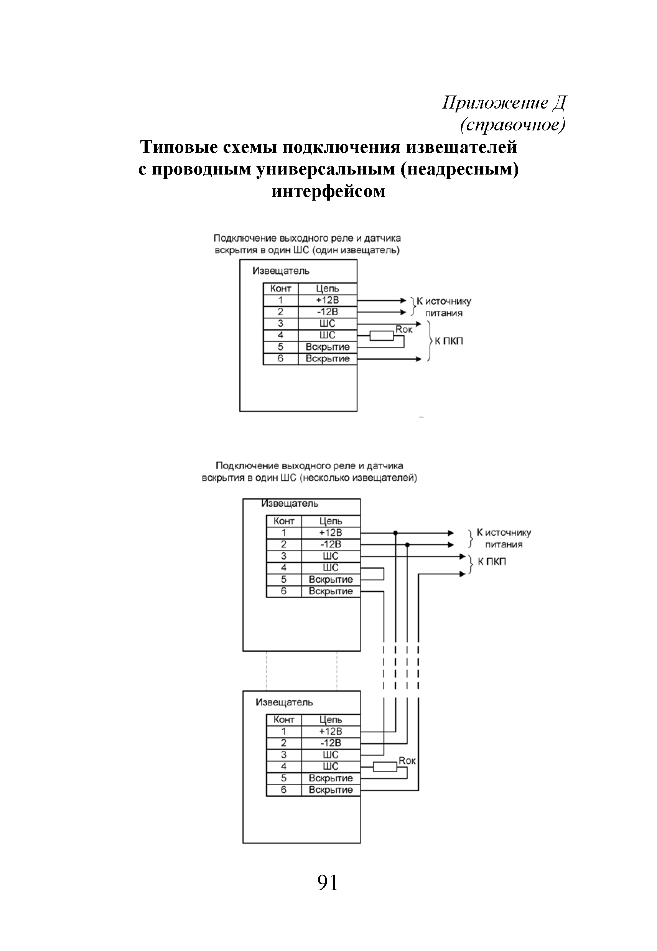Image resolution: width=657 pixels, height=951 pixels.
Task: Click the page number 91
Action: coord(328,883)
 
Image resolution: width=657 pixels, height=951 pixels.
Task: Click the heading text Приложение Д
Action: coord(504,102)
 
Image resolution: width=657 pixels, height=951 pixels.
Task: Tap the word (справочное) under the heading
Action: coord(512,124)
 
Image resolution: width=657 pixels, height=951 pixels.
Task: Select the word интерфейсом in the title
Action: coord(328,191)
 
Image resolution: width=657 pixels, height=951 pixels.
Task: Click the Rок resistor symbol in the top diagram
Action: coord(382,336)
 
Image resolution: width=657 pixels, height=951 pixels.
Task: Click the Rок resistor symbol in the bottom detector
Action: coord(385,767)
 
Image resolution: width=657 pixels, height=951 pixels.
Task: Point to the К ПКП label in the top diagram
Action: coord(449,341)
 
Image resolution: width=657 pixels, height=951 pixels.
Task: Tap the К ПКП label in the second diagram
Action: coord(492,562)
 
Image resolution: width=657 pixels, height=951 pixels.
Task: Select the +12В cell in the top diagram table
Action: coord(327,300)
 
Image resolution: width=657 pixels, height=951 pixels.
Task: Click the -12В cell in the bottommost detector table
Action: coord(331,743)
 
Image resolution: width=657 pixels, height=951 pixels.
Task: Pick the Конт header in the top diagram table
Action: coord(280,288)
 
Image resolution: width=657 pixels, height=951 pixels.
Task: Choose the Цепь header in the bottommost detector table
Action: coord(331,720)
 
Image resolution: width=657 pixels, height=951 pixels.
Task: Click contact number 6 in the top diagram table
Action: coord(280,359)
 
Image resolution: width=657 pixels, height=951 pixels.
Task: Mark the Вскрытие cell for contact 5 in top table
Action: coord(327,347)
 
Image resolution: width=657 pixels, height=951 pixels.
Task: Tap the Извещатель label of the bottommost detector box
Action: coord(284,702)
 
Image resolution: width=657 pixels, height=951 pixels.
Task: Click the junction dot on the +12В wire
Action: coord(395,533)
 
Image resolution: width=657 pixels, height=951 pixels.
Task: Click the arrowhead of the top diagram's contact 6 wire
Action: coord(419,359)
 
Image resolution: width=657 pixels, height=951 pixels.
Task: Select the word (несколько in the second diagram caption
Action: coord(320,478)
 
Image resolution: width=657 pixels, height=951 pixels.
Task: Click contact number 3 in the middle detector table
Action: coord(284,556)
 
